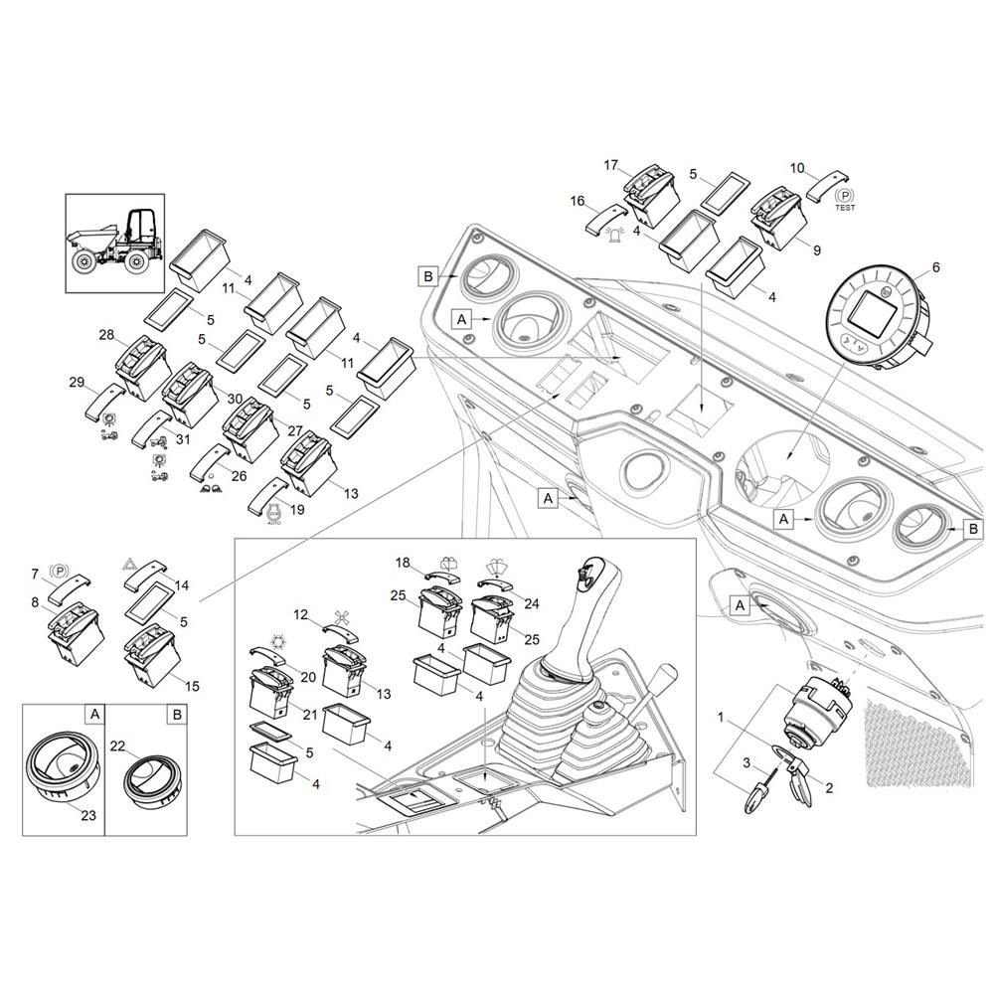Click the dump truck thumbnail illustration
point(113,243)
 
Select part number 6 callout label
point(934,266)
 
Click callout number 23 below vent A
point(88,816)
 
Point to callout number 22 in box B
point(117,746)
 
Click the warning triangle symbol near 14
point(129,564)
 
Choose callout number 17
point(610,164)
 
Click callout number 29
point(77,382)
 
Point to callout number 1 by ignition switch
point(722,716)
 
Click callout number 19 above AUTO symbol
point(296,510)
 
